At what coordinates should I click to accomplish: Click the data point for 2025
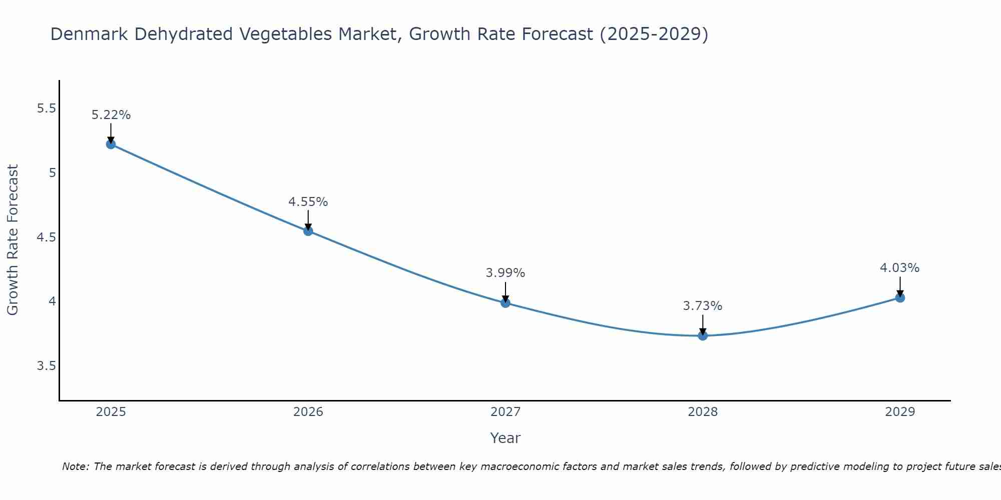coord(111,144)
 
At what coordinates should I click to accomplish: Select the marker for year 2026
coord(308,231)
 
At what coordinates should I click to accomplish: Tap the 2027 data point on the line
coord(506,303)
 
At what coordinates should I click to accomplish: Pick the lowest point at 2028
coord(703,335)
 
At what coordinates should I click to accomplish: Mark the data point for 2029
coord(900,298)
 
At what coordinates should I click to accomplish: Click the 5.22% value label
coord(111,115)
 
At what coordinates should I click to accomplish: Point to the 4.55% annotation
coord(308,202)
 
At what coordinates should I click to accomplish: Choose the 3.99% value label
coord(506,273)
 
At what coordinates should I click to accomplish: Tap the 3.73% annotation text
coord(703,306)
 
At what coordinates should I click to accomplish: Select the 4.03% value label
coord(900,268)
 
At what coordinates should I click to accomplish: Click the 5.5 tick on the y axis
coord(46,108)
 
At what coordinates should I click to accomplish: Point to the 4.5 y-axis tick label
coord(46,237)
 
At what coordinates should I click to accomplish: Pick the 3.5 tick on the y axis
coord(46,366)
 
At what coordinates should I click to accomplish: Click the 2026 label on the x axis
coord(308,412)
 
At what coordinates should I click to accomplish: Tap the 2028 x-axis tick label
coord(703,412)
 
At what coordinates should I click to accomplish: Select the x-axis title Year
coord(506,438)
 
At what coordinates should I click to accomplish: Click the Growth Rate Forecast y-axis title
coord(13,240)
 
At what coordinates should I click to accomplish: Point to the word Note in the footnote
coord(75,466)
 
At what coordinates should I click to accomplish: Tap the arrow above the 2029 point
coord(900,287)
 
